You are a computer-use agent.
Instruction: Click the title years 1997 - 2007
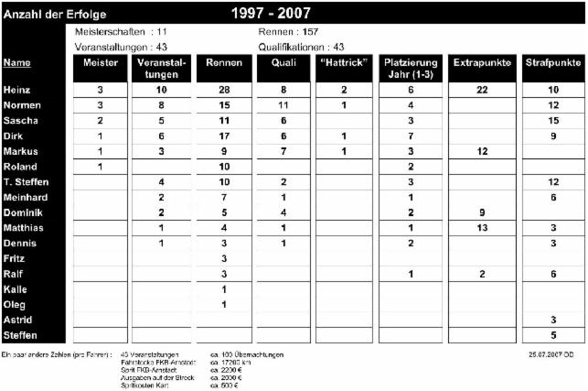coord(270,14)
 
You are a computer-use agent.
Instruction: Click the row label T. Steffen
coord(27,182)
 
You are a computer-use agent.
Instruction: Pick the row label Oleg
coord(15,304)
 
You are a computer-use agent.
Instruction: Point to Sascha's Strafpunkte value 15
coord(552,121)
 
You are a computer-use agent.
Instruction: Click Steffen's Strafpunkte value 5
coord(552,335)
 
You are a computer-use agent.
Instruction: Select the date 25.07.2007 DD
coord(548,353)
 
